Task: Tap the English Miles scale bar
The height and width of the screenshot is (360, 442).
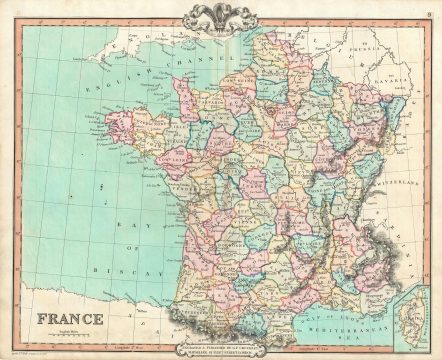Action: (68, 318)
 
